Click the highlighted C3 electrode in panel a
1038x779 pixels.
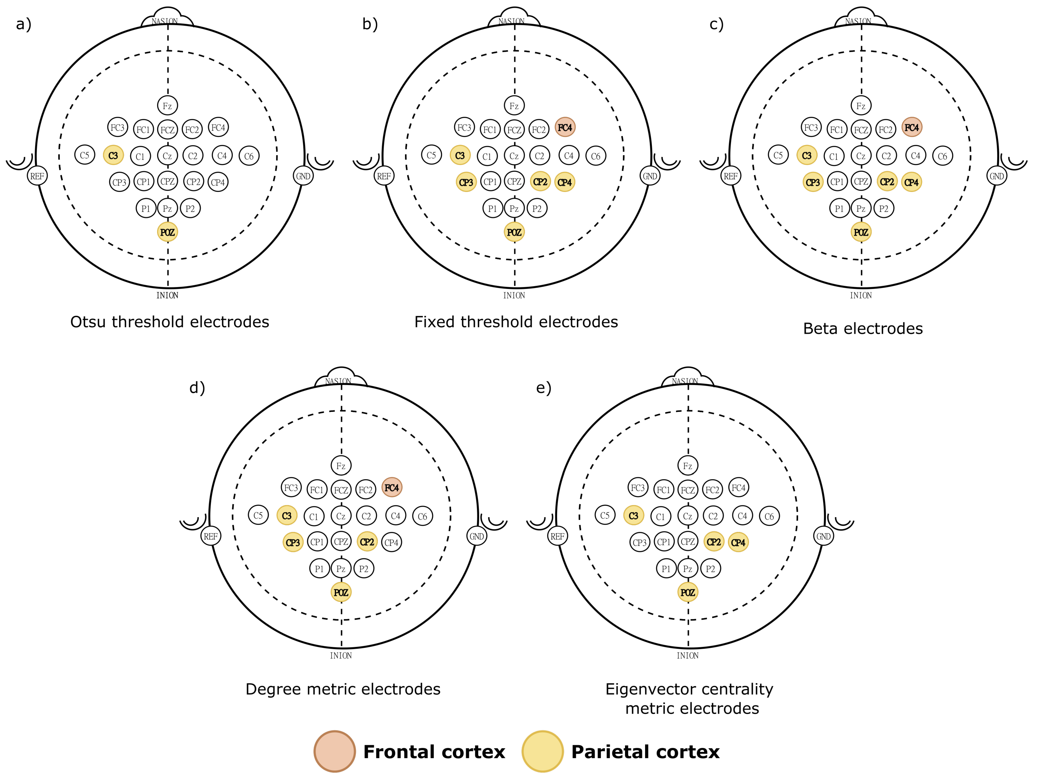pos(113,155)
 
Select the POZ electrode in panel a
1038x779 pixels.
pos(168,232)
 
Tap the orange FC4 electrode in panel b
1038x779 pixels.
pos(565,127)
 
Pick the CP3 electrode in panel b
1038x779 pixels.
pos(466,182)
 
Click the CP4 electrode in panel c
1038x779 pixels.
pos(911,182)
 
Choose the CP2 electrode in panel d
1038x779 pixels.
pos(367,542)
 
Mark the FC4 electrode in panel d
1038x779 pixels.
pos(392,487)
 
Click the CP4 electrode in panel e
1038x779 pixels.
pos(738,542)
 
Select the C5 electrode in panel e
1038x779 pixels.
pos(605,515)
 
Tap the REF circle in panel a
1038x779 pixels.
pos(37,176)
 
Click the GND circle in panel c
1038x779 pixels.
pos(997,176)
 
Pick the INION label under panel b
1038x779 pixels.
pos(514,295)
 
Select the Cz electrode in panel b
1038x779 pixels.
pos(514,156)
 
